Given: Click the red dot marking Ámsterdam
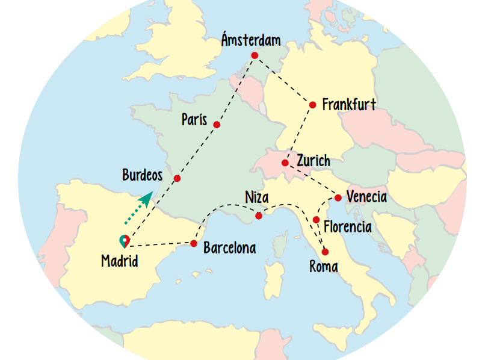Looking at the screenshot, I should tap(255, 55).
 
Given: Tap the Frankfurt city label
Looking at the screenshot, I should tap(349, 105).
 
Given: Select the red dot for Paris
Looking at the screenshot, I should tap(217, 125).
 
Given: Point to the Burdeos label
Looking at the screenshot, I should tap(143, 176).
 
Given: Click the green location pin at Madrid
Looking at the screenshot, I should tap(124, 241).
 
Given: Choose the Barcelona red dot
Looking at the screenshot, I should tap(194, 244).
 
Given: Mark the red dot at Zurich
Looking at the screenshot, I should tap(285, 163).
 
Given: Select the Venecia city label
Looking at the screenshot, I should tap(366, 197).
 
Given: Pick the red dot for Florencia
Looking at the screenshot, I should tap(316, 220).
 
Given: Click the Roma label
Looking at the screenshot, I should tap(324, 267).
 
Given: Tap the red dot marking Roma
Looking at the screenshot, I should tap(326, 252).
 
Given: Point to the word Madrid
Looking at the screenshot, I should tap(120, 261).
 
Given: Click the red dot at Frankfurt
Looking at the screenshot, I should tap(312, 105).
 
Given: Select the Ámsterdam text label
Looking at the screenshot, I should tap(251, 40).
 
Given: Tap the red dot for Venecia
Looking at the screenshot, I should tap(338, 198).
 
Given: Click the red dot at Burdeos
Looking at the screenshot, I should tap(177, 178).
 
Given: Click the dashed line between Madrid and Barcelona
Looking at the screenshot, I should tap(159, 245).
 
